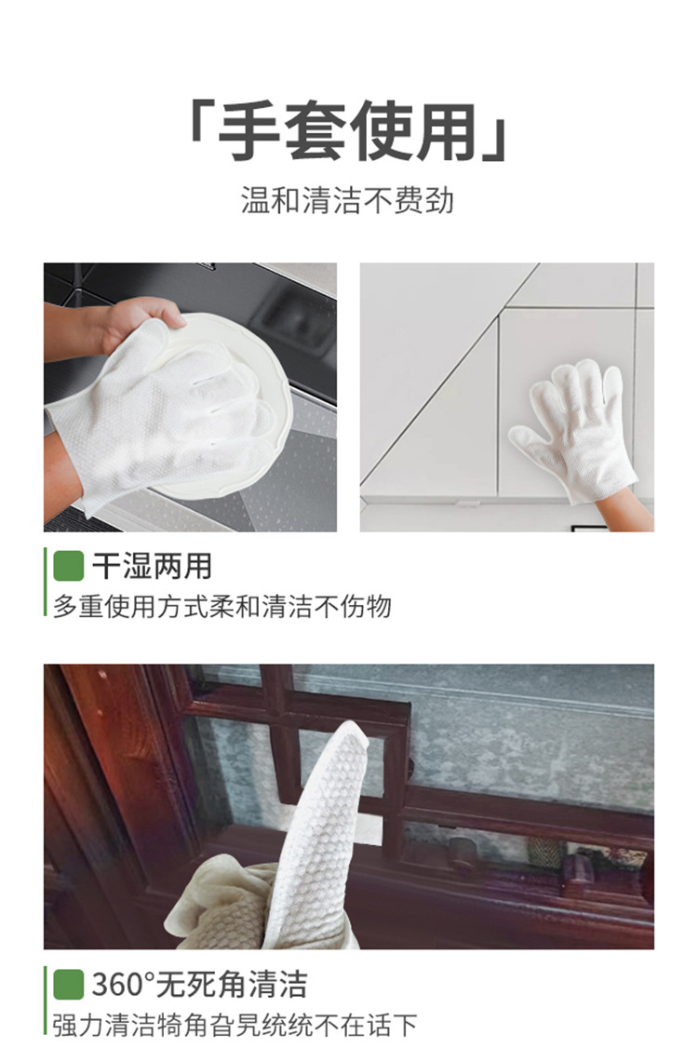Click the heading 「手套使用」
pyautogui.click(x=348, y=131)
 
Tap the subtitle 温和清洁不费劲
pyautogui.click(x=348, y=200)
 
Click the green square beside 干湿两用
pyautogui.click(x=68, y=565)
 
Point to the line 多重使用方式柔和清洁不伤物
pyautogui.click(x=221, y=607)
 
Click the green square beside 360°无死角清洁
pyautogui.click(x=68, y=984)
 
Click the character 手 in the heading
pyautogui.click(x=249, y=131)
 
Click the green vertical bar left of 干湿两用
pyautogui.click(x=46, y=582)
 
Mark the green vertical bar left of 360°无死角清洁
pyautogui.click(x=46, y=1001)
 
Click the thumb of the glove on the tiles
pyautogui.click(x=525, y=434)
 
